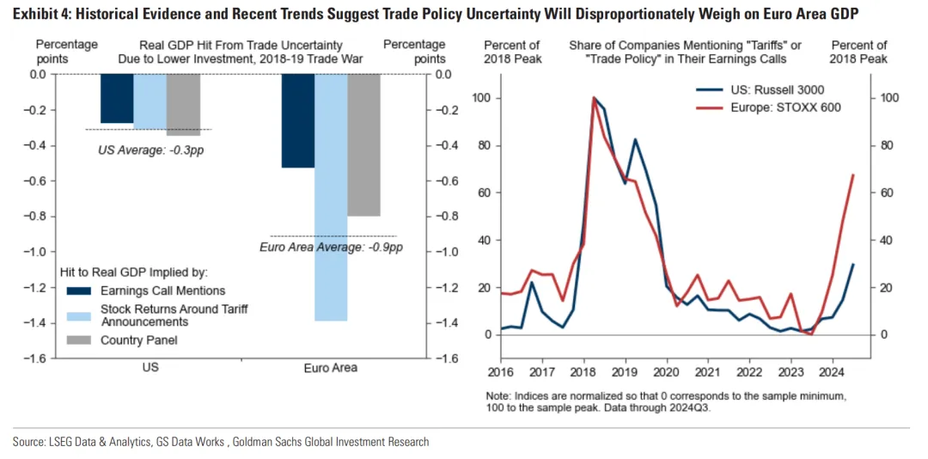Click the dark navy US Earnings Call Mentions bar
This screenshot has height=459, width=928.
coord(117,98)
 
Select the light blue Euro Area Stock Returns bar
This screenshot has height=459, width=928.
coord(331,198)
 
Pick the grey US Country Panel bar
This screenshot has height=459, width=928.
coord(183,104)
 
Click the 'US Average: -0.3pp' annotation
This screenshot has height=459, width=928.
coord(151,150)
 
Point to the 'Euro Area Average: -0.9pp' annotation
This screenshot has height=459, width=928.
coord(331,248)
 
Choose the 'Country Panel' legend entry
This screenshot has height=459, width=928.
coord(139,340)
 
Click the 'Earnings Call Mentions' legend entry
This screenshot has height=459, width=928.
coord(162,291)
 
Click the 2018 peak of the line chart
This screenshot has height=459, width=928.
coord(594,98)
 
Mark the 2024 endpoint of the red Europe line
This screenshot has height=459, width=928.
coord(853,174)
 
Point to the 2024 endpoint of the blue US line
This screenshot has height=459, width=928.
coord(853,264)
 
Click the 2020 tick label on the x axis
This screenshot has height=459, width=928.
coord(665,373)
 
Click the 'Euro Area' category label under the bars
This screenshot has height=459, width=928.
coord(331,368)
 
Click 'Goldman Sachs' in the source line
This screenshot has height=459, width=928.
coord(254,442)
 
